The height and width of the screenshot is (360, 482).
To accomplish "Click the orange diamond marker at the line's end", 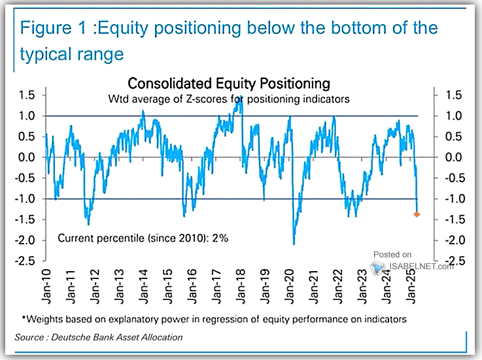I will coord(417,214).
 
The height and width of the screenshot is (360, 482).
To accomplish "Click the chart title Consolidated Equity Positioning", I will coord(228,84).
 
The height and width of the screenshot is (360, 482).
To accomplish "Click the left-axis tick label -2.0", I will coord(26,240).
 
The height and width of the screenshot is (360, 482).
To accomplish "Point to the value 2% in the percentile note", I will coord(220,238).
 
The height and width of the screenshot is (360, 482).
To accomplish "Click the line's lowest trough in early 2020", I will coord(294,244).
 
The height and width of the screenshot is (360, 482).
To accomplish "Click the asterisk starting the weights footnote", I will coord(24,318).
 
